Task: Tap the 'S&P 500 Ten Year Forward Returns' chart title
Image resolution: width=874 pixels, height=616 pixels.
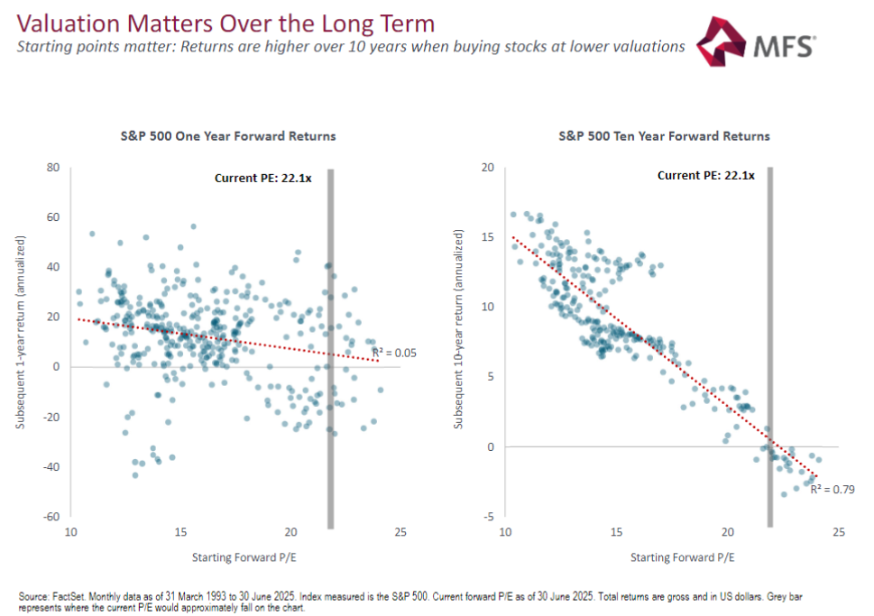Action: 664,136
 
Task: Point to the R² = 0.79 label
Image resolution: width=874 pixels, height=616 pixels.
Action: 832,489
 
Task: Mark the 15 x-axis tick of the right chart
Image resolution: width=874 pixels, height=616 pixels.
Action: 617,533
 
